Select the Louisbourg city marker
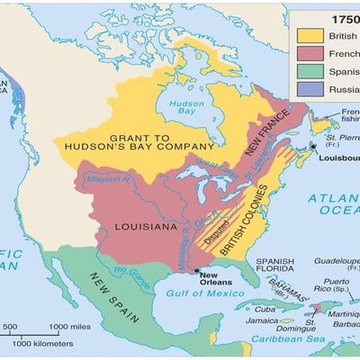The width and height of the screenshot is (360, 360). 312,145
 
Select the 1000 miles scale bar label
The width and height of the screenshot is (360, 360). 67,325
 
